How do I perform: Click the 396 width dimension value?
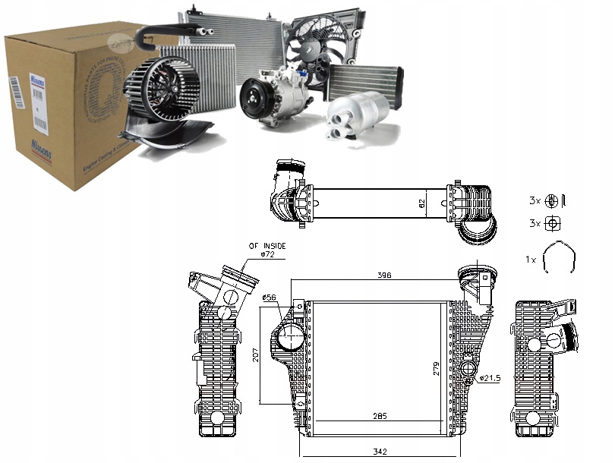(x=385, y=276)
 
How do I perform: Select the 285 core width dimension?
(x=380, y=415)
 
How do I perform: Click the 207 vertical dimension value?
(x=256, y=354)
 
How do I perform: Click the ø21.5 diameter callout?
(x=488, y=378)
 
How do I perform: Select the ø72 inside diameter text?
(x=268, y=255)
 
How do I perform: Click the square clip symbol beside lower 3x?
(x=554, y=223)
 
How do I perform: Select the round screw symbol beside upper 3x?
(x=553, y=201)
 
